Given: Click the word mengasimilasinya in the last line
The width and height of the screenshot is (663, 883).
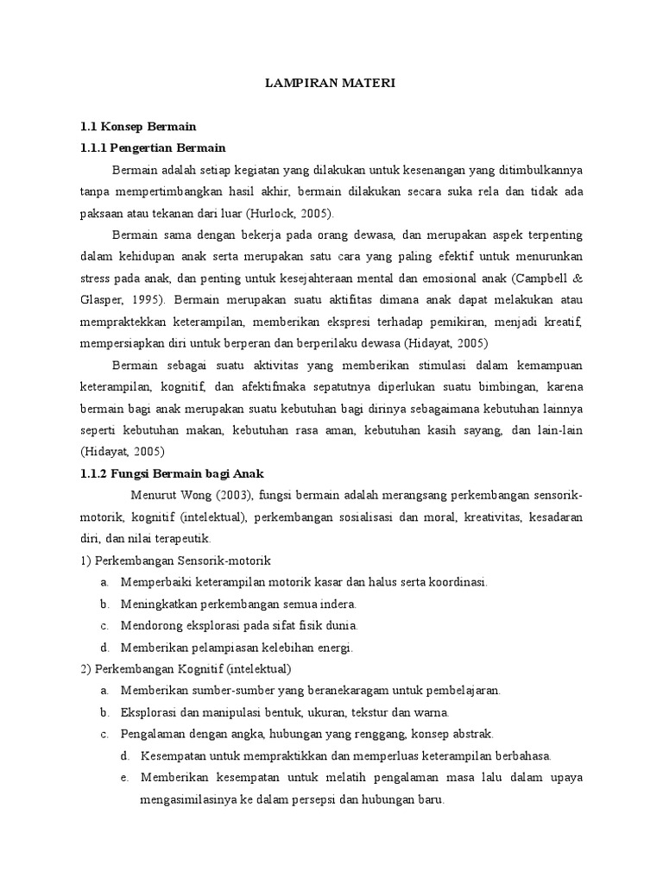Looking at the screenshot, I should click(188, 799).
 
